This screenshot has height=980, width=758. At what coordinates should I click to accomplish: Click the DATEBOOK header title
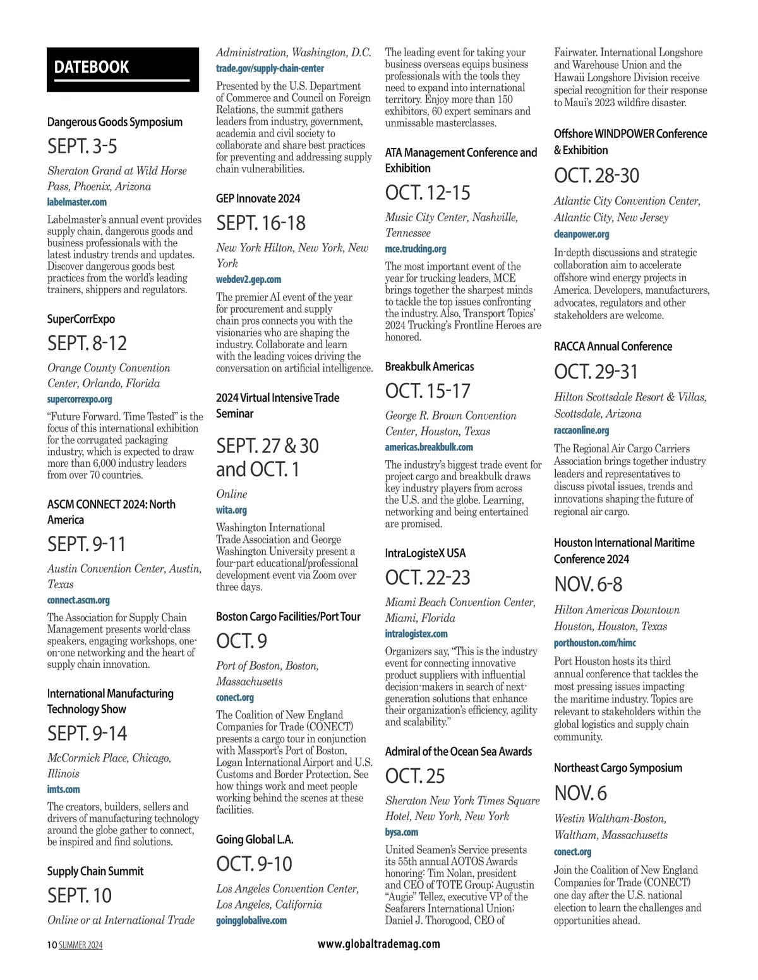tap(92, 67)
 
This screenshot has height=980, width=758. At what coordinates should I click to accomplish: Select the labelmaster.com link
tap(77, 202)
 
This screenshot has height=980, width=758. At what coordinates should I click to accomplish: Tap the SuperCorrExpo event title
tap(81, 319)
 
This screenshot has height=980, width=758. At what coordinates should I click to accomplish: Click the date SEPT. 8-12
tap(87, 343)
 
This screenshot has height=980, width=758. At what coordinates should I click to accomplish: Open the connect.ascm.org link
tap(78, 600)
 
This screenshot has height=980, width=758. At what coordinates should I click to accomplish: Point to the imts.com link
tap(63, 789)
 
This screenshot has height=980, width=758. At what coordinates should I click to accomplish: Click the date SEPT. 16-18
tap(261, 223)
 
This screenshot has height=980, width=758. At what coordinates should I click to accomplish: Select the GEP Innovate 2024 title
tap(258, 198)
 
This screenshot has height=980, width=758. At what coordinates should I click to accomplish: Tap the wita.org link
tap(231, 510)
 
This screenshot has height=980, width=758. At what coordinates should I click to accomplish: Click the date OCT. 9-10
tap(254, 864)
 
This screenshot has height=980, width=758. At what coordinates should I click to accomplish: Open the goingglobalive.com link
tap(251, 921)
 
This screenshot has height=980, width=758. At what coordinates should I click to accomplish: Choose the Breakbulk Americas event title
tap(430, 366)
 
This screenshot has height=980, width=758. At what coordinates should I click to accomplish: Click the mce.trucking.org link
tap(416, 249)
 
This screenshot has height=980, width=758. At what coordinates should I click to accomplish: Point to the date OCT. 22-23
tap(428, 578)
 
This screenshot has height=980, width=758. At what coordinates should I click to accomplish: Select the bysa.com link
tap(402, 832)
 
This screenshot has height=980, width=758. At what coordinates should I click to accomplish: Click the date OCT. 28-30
tap(596, 176)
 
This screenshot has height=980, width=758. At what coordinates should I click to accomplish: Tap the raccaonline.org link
tap(581, 430)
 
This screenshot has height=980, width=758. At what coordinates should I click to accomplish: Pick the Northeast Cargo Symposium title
tap(618, 768)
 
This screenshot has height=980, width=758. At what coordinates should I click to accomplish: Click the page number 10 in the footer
tap(52, 945)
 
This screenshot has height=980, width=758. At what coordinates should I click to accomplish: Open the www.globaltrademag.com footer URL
tap(379, 944)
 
